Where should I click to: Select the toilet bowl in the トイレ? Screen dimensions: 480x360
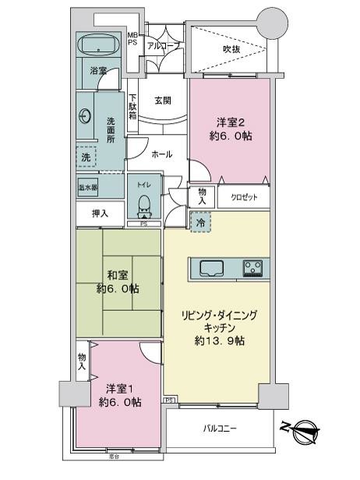point(143,205)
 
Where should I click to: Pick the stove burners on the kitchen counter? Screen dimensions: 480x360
point(252,268)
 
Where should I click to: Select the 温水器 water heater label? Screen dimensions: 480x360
point(87,188)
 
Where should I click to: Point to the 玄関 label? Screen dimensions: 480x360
point(162,99)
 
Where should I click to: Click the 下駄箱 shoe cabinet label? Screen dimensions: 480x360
point(133,105)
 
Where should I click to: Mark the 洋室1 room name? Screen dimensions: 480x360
point(118,388)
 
